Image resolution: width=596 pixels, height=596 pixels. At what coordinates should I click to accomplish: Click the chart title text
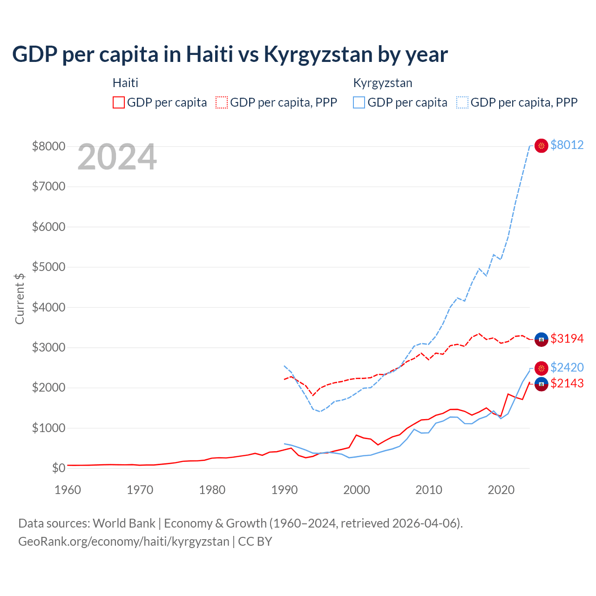(x=230, y=54)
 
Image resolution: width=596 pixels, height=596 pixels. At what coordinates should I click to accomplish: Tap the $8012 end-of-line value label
(x=567, y=145)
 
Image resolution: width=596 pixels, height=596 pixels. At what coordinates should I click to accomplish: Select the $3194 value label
(x=567, y=339)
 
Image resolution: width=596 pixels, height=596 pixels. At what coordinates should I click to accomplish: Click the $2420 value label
(x=567, y=367)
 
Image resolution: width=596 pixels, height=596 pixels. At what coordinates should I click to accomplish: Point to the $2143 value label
(x=567, y=383)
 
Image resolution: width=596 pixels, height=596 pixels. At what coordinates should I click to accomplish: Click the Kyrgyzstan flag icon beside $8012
(x=541, y=146)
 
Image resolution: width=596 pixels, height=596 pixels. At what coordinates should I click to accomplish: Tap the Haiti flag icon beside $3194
(x=541, y=339)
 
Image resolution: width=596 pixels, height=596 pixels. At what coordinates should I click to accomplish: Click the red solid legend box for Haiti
(x=119, y=102)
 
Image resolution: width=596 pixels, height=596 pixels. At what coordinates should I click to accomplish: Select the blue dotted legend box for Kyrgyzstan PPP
(x=462, y=102)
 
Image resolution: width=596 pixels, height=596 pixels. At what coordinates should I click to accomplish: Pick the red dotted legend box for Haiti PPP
(x=222, y=102)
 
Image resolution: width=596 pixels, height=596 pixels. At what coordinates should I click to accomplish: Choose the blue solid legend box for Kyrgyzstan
(x=359, y=102)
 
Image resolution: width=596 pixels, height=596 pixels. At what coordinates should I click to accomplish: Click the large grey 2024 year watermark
(x=117, y=157)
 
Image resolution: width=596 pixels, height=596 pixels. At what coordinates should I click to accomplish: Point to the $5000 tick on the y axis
(x=48, y=267)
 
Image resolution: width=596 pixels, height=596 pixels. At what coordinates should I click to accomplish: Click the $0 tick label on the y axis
(x=58, y=468)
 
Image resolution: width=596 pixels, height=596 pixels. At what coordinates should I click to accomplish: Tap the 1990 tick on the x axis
(x=284, y=490)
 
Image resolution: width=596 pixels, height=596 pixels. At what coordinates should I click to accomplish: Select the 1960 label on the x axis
(x=68, y=490)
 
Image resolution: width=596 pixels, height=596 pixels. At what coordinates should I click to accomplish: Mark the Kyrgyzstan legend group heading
(x=383, y=83)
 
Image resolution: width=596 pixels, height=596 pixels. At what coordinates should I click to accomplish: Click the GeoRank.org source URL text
(x=124, y=542)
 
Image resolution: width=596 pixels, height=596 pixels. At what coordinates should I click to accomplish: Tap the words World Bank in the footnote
(x=124, y=523)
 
